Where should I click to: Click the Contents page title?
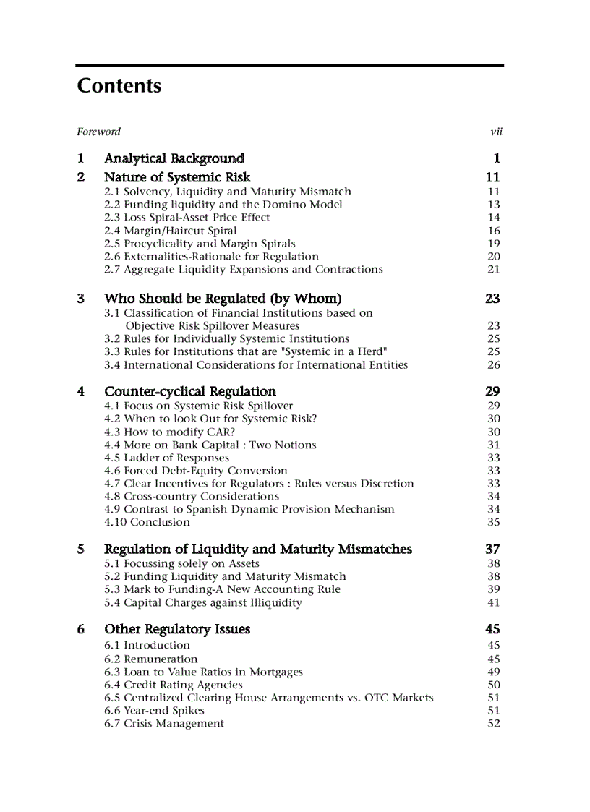click(x=119, y=86)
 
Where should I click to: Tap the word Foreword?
click(x=98, y=132)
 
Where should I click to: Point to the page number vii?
click(x=496, y=132)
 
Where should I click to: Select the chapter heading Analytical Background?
click(x=174, y=158)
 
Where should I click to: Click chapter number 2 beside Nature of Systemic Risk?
click(x=81, y=177)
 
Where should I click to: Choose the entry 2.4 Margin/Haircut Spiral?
click(x=170, y=231)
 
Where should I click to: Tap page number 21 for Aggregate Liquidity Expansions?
click(x=493, y=270)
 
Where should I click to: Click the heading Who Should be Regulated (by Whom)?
click(x=223, y=299)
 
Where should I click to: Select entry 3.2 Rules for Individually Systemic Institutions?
click(x=226, y=338)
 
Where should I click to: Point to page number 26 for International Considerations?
click(x=493, y=365)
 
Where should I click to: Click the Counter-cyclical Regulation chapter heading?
click(x=189, y=391)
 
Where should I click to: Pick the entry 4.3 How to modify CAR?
click(x=169, y=432)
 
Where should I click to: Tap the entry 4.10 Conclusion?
click(x=147, y=522)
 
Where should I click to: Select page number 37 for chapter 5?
click(x=492, y=550)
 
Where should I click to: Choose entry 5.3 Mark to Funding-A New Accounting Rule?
click(x=222, y=589)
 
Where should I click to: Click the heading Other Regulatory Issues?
click(x=177, y=629)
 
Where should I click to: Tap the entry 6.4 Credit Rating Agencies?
click(x=173, y=685)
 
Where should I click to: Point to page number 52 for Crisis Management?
click(x=493, y=724)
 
